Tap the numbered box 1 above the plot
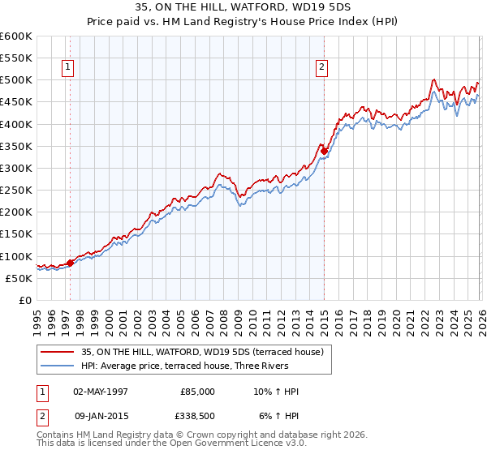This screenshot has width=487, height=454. coord(67,67)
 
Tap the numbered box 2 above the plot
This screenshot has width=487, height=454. coord(322,67)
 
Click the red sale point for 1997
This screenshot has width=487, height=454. coord(70,263)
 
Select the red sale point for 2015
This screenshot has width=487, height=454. coord(324,151)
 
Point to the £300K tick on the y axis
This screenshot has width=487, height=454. coord(16,169)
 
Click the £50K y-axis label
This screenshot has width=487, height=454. coord(19,278)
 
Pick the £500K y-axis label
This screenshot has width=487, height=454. coord(16,80)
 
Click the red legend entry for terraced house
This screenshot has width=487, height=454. coord(202,352)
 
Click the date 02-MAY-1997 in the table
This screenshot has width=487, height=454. coord(101,392)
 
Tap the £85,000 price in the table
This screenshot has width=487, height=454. coord(198,392)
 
